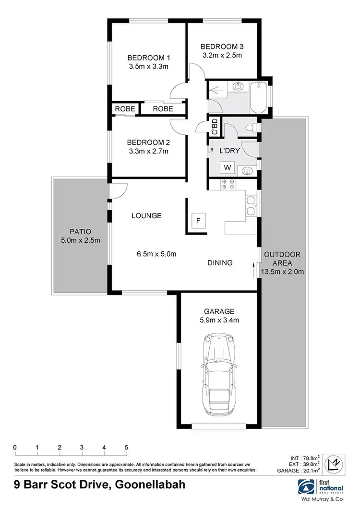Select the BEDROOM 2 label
(149, 142)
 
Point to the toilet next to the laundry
(250, 128)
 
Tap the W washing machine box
(227, 167)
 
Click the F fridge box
(197, 221)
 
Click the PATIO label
(79, 231)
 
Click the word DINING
(220, 263)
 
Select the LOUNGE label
(146, 216)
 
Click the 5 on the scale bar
(126, 448)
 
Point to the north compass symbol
(336, 480)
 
